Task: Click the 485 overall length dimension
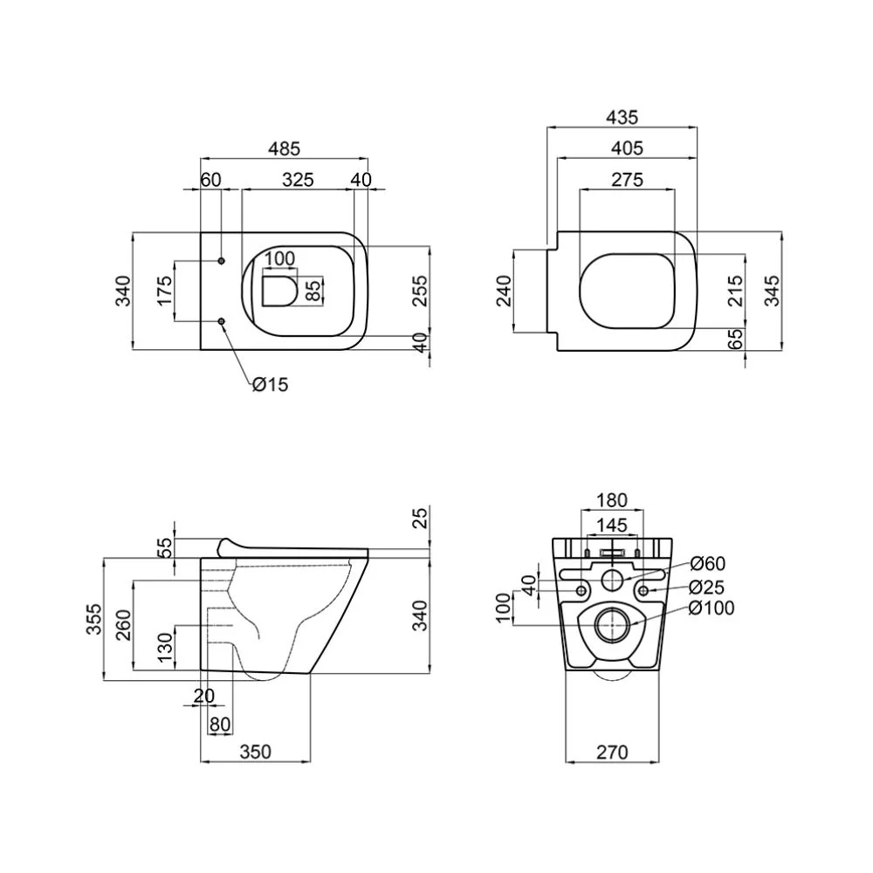(284, 148)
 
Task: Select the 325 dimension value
(298, 180)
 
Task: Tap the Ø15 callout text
(270, 384)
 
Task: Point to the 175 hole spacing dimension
(165, 290)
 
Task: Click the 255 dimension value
(421, 291)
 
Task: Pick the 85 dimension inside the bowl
(313, 290)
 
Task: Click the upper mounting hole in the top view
(222, 260)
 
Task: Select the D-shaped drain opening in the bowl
(279, 291)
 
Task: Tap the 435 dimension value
(622, 118)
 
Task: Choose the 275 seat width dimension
(627, 180)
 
